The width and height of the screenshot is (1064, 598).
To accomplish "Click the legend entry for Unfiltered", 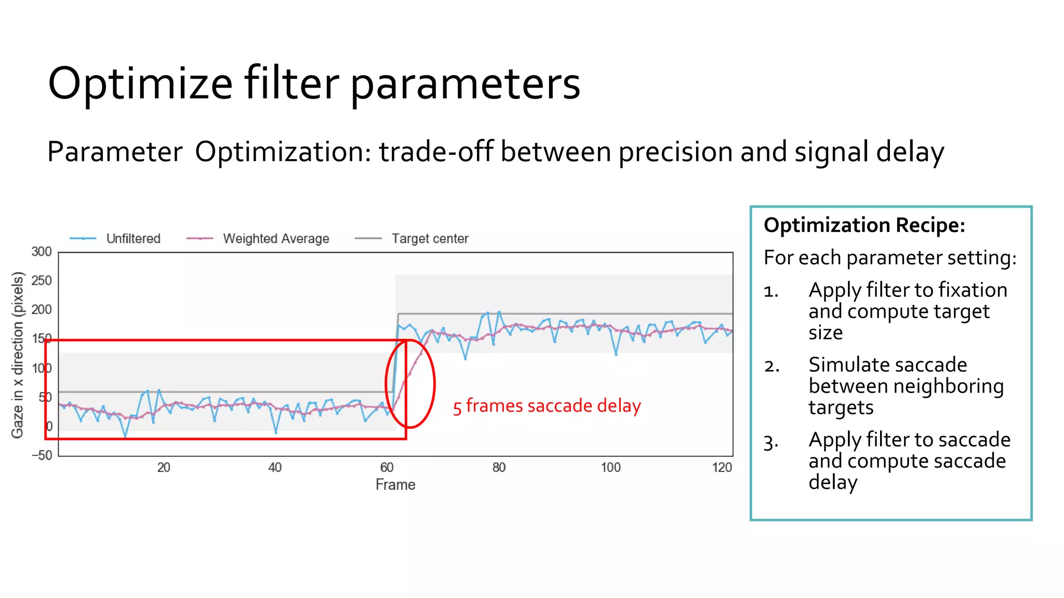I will click(132, 239).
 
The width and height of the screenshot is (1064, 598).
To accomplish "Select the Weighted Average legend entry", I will click(275, 239).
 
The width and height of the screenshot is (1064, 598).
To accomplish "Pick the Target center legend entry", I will click(429, 239).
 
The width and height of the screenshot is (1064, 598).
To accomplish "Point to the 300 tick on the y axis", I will click(42, 252).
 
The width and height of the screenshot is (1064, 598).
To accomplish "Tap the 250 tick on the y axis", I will click(42, 281).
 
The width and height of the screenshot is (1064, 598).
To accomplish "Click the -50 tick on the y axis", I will click(42, 456).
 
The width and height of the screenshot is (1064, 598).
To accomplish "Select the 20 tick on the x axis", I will click(164, 468).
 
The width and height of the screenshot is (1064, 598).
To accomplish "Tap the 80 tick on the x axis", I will click(499, 468).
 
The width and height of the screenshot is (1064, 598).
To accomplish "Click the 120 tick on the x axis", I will click(722, 468).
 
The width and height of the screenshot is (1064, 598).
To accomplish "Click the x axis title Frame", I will click(395, 485).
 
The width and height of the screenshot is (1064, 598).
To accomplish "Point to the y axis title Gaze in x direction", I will click(18, 355).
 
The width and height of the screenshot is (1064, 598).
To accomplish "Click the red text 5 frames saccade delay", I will click(547, 406).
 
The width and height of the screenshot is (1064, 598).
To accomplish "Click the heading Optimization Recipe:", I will click(864, 226).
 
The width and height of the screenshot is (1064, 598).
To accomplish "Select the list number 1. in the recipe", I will click(771, 292).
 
